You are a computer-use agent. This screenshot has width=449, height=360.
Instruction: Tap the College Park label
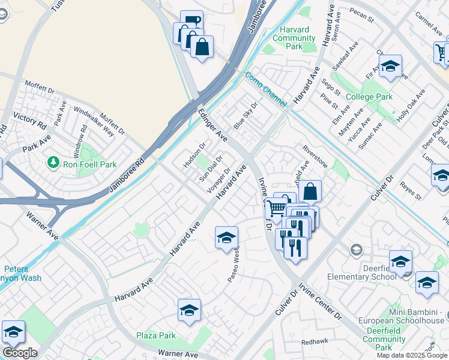369,97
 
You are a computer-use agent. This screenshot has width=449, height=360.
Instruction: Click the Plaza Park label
155,335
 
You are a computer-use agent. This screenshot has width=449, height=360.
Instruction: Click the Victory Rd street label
17,117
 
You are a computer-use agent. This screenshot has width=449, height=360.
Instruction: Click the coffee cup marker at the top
191,22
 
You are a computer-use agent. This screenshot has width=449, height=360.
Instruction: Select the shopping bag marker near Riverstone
310,191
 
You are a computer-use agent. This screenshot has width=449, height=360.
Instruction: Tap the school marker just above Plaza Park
189,310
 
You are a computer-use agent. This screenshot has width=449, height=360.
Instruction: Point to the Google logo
20,353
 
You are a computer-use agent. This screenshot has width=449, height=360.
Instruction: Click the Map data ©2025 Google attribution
411,355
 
